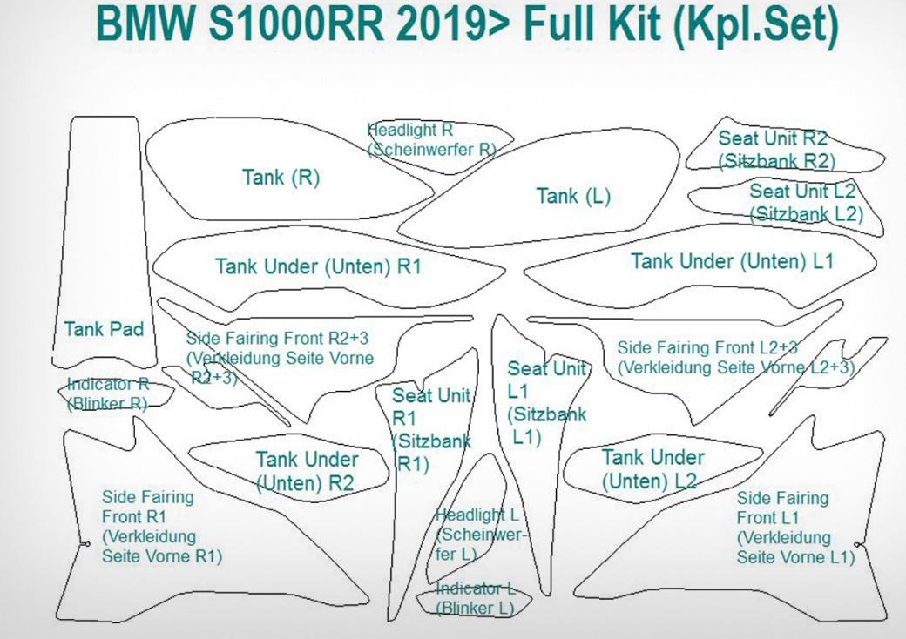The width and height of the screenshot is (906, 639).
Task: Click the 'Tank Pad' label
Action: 104,329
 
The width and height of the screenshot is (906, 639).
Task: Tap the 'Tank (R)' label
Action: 281,178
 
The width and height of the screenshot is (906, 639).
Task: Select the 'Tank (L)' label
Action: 573,196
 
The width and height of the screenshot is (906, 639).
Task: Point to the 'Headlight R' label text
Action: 410,130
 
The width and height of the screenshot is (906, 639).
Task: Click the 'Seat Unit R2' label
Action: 773,138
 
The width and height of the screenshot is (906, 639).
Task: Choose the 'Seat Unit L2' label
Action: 802,191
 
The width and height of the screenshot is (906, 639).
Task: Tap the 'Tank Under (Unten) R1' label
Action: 318,266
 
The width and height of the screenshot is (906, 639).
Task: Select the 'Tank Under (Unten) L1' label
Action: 732,261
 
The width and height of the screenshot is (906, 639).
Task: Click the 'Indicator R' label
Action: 108,384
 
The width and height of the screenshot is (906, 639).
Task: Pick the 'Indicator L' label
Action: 476,589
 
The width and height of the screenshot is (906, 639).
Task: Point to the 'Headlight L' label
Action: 477,515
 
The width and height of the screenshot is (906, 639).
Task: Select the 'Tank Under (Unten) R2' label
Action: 307,471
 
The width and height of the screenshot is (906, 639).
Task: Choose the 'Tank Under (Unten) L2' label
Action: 652,469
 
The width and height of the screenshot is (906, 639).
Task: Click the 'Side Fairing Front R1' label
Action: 162,527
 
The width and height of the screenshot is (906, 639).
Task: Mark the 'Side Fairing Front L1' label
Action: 795,528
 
